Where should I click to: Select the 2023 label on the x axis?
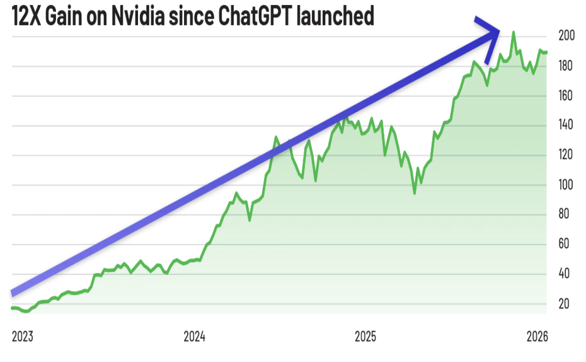coord(22,336)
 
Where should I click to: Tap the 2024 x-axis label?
coord(195,336)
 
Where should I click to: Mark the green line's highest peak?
coord(514,32)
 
